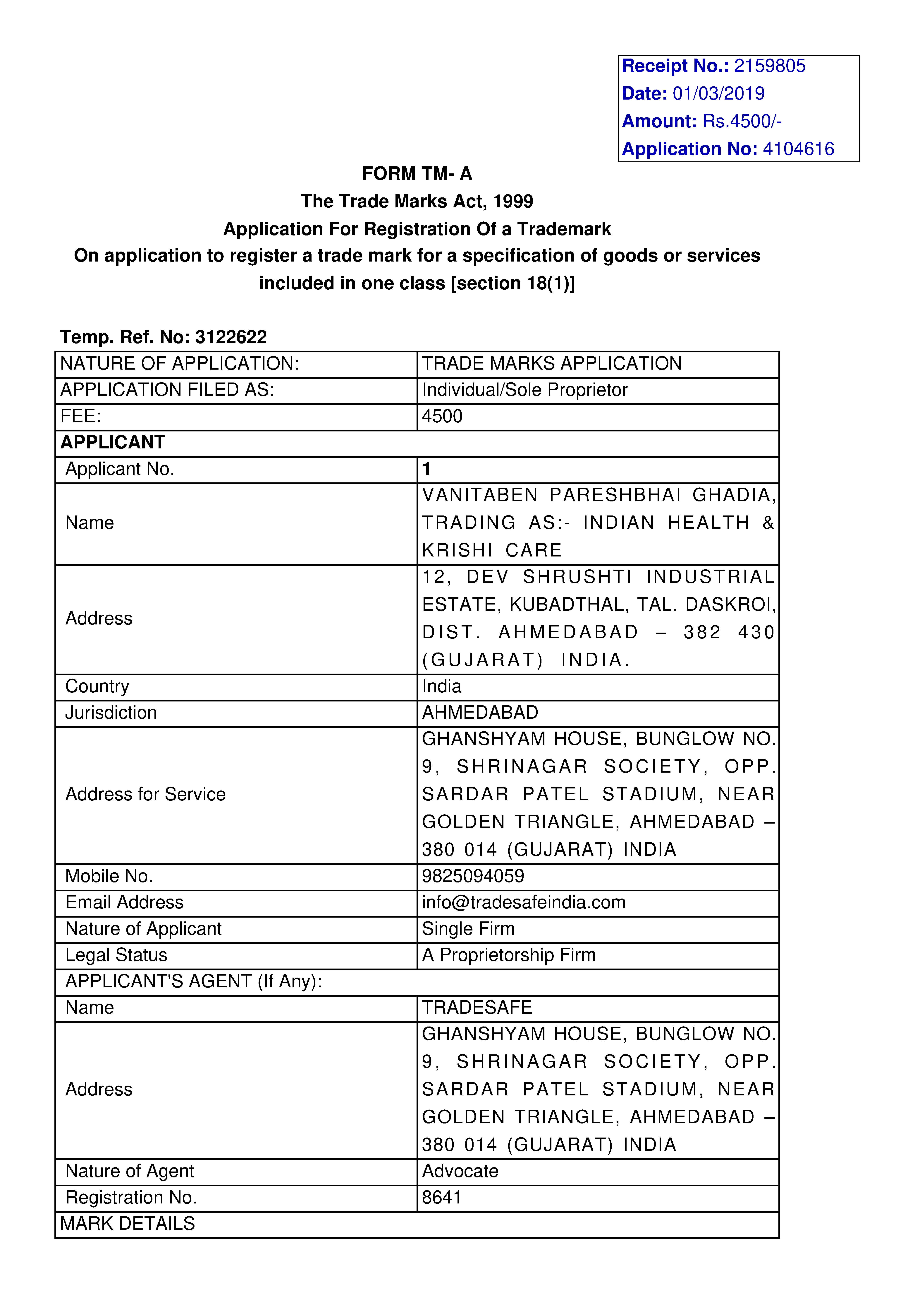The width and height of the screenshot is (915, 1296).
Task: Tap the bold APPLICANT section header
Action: (113, 443)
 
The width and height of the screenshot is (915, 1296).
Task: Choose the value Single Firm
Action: (468, 929)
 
